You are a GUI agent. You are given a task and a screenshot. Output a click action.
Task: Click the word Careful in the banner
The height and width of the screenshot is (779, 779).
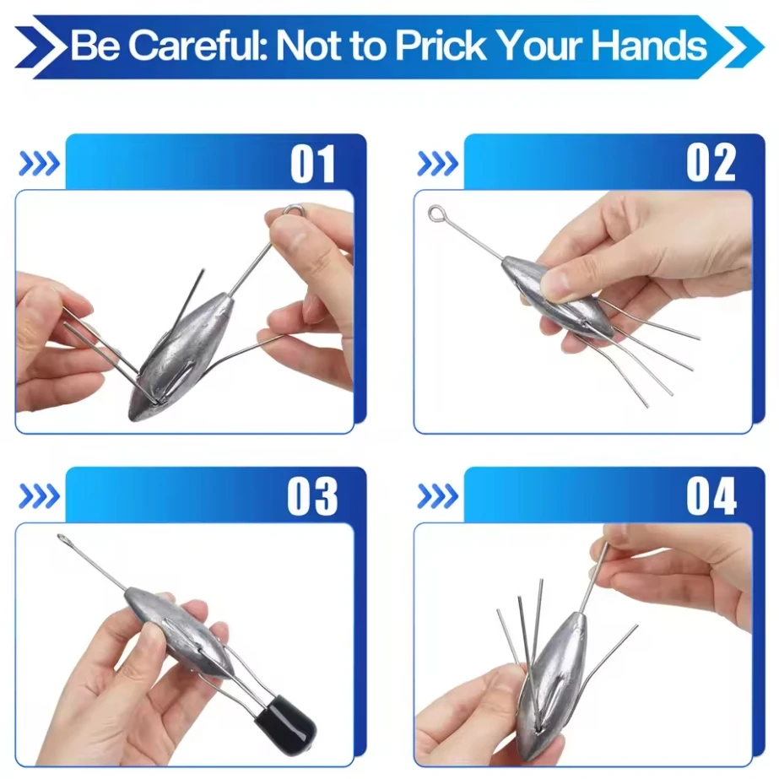point(197,46)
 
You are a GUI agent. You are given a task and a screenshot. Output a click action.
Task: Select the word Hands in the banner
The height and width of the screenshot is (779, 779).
point(649,46)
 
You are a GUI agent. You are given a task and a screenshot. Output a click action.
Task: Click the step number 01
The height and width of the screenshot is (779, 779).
point(313,164)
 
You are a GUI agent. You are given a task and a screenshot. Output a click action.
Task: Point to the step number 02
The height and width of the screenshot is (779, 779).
point(711,163)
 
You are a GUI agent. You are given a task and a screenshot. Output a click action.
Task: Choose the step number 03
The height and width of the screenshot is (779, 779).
point(312,496)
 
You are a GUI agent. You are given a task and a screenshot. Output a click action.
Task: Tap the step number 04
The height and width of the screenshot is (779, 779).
point(711,495)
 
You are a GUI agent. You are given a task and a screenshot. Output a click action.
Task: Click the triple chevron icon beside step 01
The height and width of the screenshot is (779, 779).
point(40,164)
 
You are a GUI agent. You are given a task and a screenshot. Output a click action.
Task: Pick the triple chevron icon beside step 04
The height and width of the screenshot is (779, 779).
point(438,496)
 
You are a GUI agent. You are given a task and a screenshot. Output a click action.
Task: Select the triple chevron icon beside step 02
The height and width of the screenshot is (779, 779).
point(438,164)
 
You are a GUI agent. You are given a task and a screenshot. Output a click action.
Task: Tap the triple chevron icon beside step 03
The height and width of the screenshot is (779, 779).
point(40,496)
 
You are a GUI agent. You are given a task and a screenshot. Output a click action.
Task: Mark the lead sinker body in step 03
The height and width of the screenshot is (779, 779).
point(178,632)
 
